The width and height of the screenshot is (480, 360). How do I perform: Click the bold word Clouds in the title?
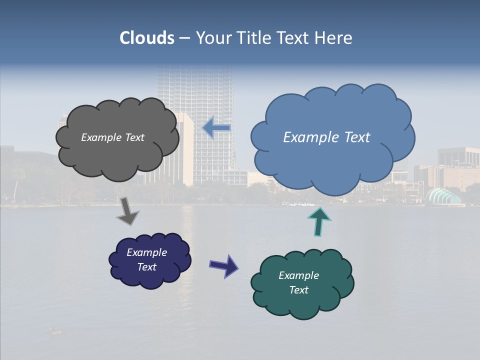click(147, 38)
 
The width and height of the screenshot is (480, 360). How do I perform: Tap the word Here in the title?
click(334, 38)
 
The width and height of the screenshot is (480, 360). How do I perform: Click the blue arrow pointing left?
click(216, 128)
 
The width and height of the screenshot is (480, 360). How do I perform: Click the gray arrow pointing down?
click(127, 211)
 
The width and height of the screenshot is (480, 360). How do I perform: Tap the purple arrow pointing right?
click(224, 265)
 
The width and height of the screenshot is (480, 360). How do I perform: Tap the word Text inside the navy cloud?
click(147, 267)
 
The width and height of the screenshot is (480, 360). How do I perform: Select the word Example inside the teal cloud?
click(298, 275)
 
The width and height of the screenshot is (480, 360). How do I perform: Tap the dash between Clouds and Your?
click(184, 38)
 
